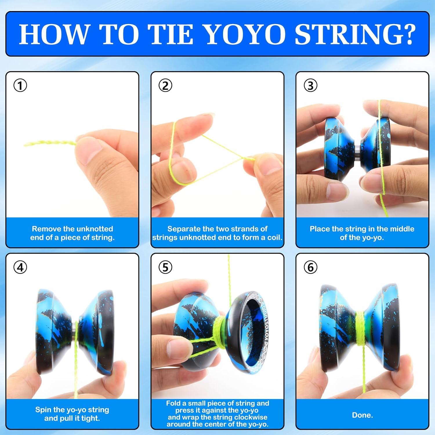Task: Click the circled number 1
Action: [20, 86]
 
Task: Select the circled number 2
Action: [165, 86]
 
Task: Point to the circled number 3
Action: [310, 86]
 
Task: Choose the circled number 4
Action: [20, 267]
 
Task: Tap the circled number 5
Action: [165, 267]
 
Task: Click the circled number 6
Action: [310, 267]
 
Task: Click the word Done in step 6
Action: [362, 415]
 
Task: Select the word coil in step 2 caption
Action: [274, 238]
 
